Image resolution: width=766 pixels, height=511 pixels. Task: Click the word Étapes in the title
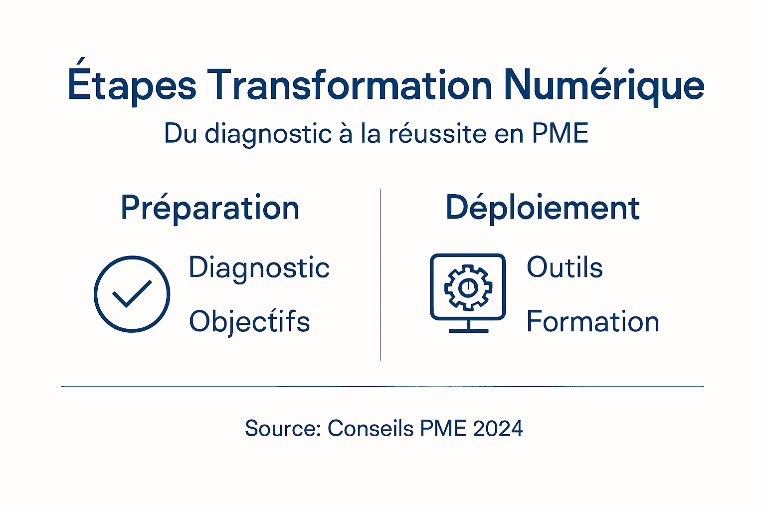click(132, 85)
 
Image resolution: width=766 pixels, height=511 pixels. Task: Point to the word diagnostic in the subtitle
click(268, 134)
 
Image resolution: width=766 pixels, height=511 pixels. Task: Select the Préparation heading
click(210, 208)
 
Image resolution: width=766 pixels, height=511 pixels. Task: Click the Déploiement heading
click(543, 208)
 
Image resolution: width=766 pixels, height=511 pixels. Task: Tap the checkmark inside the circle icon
click(132, 294)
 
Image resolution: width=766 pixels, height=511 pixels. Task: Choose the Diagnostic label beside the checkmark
click(259, 268)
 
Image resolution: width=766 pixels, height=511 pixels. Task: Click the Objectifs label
click(249, 322)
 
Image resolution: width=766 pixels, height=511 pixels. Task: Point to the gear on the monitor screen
click(468, 287)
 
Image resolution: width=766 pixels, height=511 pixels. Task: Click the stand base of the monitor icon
click(468, 330)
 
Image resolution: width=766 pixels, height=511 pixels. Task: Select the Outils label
click(565, 267)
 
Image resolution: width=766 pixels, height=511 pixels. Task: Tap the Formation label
click(593, 321)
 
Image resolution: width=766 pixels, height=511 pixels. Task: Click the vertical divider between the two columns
click(381, 274)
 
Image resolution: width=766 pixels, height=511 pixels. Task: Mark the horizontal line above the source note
click(383, 386)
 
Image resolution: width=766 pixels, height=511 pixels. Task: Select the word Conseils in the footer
click(371, 429)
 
